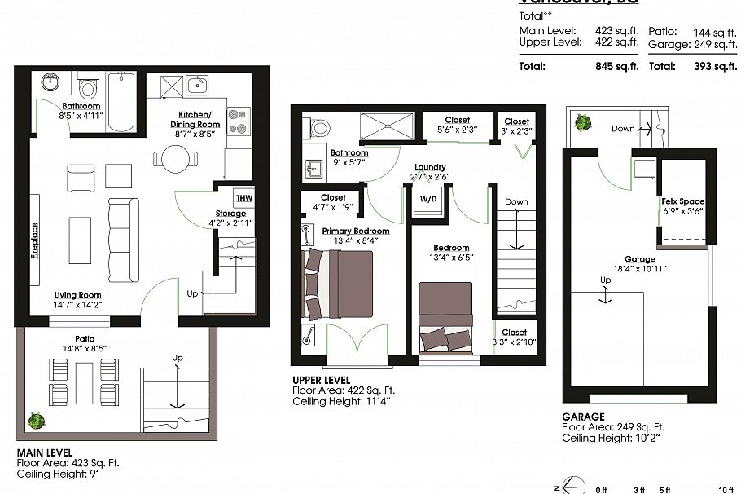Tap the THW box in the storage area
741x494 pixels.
pos(243,198)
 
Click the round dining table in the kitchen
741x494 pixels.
pos(172,157)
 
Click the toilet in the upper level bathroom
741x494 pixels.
pos(318,127)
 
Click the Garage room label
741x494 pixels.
pos(640,260)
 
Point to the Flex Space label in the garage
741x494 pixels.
pos(682,201)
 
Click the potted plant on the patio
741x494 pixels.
pos(36,421)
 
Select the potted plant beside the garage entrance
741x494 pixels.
pos(582,124)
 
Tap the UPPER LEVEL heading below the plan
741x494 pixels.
pos(321,381)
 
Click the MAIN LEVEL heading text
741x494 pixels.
pos(45,452)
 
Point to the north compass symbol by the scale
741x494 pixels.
pos(575,484)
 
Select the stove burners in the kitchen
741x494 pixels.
pos(238,121)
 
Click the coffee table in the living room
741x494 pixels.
pos(80,239)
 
